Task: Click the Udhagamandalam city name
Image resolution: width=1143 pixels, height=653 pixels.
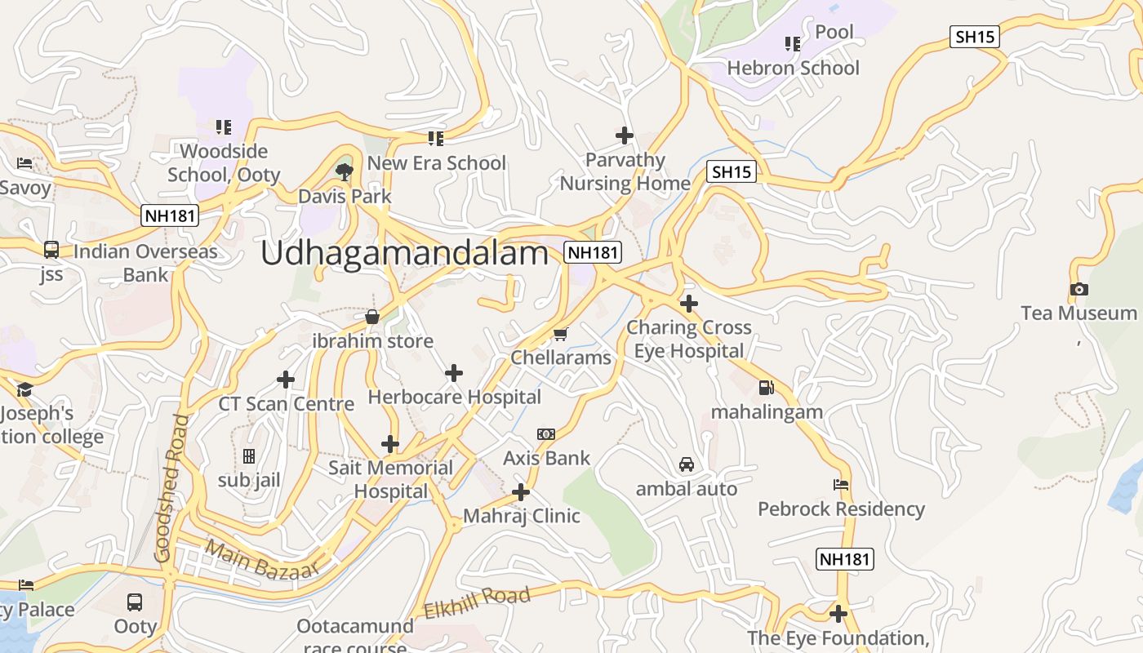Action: point(404,254)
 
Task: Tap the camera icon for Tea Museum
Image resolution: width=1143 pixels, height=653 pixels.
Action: point(1079,289)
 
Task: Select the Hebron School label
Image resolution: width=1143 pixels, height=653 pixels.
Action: point(793,68)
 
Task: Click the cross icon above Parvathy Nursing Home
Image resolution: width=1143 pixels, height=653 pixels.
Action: point(625,135)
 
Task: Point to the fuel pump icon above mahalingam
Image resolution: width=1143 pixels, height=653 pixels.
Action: point(766,388)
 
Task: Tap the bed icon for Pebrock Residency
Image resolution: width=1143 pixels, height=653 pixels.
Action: point(841,485)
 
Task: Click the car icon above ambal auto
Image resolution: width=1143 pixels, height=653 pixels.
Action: point(687,464)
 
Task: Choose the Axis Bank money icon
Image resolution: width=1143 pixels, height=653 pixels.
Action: point(546,434)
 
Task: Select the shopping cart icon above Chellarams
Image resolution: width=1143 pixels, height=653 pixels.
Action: point(560,334)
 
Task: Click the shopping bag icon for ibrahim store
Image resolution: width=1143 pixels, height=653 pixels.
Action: point(372,317)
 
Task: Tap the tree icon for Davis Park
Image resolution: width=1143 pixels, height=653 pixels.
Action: point(345,171)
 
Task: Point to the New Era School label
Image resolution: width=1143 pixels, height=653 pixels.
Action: point(436,163)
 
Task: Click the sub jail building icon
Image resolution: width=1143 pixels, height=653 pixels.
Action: point(249,455)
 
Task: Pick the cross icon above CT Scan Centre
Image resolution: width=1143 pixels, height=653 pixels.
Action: point(286,380)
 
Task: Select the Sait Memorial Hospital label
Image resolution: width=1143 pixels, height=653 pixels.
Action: point(390,479)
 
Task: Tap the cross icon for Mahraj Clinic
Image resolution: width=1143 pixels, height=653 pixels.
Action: point(521,492)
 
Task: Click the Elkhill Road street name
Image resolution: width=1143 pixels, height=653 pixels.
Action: point(477,602)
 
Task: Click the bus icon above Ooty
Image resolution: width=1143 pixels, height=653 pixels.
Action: point(135,602)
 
